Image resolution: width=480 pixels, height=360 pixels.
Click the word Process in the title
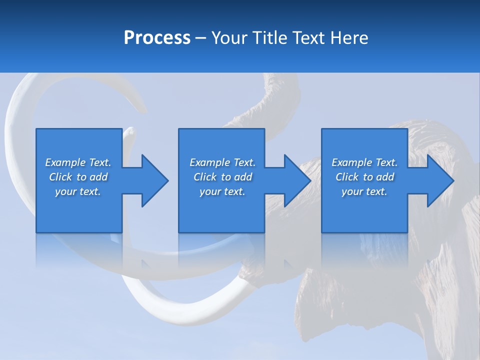(x=157, y=37)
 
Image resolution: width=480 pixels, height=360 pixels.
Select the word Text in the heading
(x=310, y=37)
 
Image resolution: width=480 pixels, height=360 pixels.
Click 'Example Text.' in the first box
(x=78, y=162)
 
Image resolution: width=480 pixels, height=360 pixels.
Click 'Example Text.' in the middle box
(x=222, y=162)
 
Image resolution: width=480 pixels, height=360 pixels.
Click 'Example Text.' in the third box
(x=364, y=162)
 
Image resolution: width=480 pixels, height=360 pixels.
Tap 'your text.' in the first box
(x=78, y=191)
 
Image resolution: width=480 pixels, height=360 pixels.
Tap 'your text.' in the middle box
(x=222, y=191)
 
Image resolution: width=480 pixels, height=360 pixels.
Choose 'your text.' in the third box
(x=364, y=191)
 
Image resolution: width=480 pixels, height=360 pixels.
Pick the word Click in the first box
(x=60, y=177)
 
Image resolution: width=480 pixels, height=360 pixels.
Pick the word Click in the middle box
(x=205, y=177)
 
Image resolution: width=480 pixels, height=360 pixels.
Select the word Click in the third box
(x=347, y=177)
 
